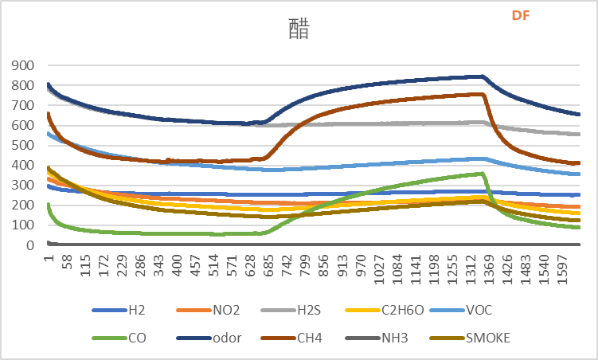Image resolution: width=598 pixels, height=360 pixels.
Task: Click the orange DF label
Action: click(x=521, y=15)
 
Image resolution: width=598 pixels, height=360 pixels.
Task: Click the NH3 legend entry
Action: click(x=416, y=338)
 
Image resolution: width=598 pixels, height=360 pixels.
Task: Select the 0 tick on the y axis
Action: click(x=28, y=245)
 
